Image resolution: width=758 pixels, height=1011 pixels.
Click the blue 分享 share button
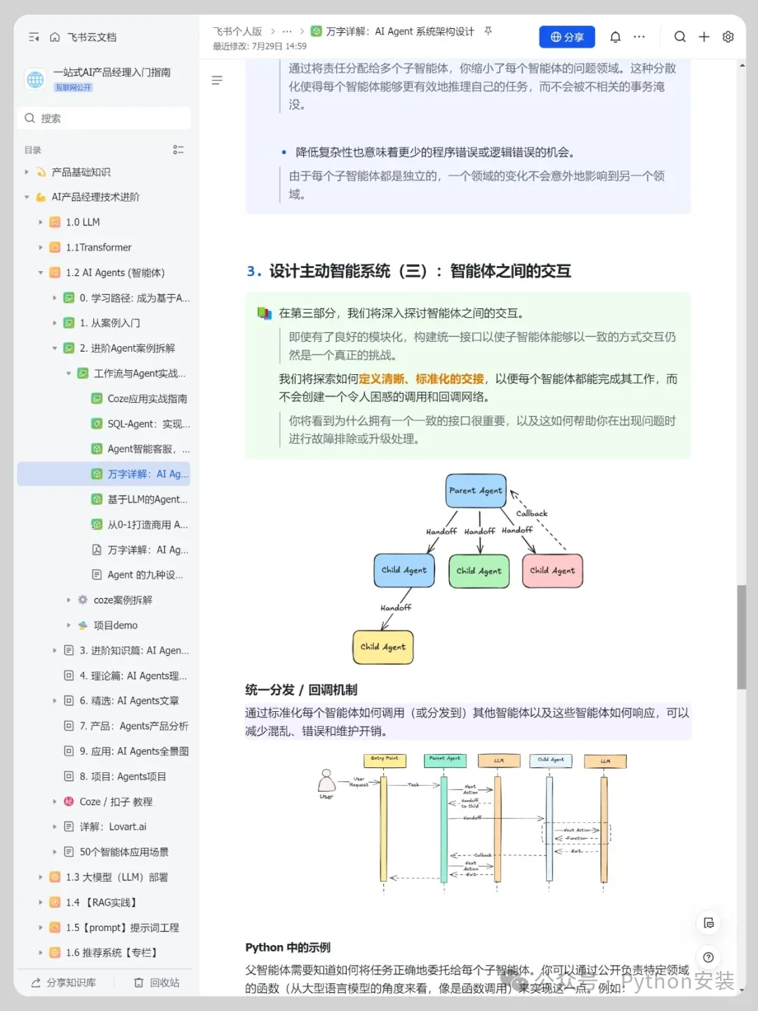tap(566, 37)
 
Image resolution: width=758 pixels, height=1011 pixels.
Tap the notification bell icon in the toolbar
tap(615, 37)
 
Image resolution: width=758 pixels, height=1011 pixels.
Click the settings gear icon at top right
tap(728, 37)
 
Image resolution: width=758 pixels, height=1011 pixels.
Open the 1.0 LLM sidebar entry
tap(83, 223)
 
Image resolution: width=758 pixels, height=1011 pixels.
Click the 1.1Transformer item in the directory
tap(98, 248)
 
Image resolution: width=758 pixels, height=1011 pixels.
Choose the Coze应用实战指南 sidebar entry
tap(147, 399)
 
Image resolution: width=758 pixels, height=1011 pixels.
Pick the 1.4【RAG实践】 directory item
tap(102, 902)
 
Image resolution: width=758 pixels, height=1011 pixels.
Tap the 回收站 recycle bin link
tap(157, 983)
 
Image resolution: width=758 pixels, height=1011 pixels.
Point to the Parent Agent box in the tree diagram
tap(476, 491)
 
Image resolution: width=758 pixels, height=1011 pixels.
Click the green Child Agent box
tap(479, 571)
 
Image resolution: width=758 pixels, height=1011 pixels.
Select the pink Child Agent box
tap(552, 571)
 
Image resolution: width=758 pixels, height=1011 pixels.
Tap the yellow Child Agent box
tap(383, 647)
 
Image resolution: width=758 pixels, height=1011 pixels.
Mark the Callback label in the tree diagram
tap(531, 513)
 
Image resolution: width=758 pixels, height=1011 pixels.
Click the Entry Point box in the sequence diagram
tap(384, 759)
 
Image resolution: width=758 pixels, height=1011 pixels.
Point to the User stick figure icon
tap(326, 781)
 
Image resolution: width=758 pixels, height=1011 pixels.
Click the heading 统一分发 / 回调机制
tap(301, 690)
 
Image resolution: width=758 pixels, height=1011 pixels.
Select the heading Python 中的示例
tap(288, 948)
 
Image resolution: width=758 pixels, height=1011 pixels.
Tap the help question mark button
tap(708, 957)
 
